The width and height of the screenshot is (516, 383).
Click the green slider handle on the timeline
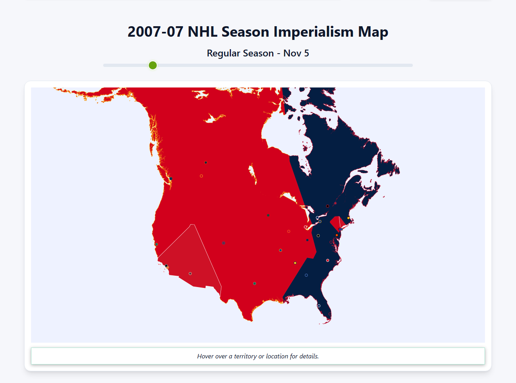(x=152, y=65)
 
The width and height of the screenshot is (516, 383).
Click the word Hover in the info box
(x=206, y=356)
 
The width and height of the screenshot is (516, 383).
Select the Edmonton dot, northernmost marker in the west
(x=206, y=162)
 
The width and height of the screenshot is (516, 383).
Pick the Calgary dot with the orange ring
(x=201, y=176)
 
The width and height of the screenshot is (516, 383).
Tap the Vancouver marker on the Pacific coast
(x=171, y=179)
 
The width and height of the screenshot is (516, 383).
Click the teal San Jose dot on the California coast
(x=156, y=244)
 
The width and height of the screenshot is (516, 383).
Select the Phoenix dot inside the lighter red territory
(x=190, y=273)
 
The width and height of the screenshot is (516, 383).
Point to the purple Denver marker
(x=223, y=243)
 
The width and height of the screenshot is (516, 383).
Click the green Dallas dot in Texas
(x=254, y=283)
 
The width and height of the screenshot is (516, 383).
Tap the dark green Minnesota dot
(x=268, y=215)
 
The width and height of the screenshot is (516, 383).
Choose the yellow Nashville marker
(x=295, y=263)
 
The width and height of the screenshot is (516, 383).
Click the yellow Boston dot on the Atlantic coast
(x=348, y=218)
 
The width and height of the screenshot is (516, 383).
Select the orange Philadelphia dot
(x=337, y=235)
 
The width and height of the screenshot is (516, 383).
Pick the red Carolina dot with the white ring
(x=327, y=260)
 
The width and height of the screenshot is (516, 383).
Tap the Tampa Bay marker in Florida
(x=319, y=306)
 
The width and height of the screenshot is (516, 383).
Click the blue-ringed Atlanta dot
(x=306, y=275)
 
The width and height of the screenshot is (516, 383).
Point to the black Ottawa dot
(x=327, y=206)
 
